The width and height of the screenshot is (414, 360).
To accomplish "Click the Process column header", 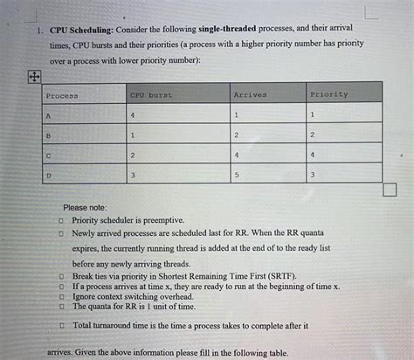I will [x=62, y=94].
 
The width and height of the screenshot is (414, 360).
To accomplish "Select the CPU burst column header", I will [x=150, y=94].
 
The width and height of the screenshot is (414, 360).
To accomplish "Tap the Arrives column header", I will [x=250, y=94].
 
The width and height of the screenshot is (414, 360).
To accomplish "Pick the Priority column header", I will [x=328, y=94].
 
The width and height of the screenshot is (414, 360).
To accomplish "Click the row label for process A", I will [x=49, y=115].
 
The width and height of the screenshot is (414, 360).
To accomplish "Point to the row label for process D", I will [x=49, y=176].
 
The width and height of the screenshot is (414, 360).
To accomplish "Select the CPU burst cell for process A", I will [x=133, y=115].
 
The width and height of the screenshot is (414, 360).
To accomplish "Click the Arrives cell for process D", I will [x=236, y=176].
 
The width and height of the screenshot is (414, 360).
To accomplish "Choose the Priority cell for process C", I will [x=313, y=155].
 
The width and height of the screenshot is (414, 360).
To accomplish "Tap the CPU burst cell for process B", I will [x=132, y=135].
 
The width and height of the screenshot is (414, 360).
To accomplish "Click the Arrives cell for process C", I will [x=236, y=155].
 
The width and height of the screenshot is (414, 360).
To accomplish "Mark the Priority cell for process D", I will [x=313, y=176].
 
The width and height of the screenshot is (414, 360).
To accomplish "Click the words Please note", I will [x=85, y=208].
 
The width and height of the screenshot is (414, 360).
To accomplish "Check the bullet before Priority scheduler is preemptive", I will [x=61, y=221].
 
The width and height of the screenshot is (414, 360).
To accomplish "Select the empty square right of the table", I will [x=389, y=190].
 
